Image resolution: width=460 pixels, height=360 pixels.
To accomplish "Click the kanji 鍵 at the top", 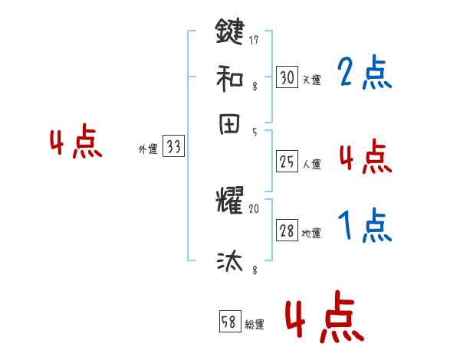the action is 229,33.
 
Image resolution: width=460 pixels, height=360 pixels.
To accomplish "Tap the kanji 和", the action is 229,78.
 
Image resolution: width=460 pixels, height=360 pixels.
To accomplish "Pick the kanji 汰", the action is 229,261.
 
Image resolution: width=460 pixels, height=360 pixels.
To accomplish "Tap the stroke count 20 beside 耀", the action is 255,208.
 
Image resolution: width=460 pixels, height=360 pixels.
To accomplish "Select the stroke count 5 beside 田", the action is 254,132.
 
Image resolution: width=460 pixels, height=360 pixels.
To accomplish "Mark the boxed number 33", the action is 173,148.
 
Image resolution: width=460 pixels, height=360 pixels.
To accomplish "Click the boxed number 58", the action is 229,323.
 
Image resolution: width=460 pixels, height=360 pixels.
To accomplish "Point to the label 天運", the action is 311,80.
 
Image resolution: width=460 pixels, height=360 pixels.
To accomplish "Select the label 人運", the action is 311,164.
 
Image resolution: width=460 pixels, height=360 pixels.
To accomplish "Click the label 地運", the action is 311,234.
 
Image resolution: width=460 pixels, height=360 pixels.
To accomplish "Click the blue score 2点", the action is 364,74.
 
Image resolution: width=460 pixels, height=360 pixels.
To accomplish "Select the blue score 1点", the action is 364,226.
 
